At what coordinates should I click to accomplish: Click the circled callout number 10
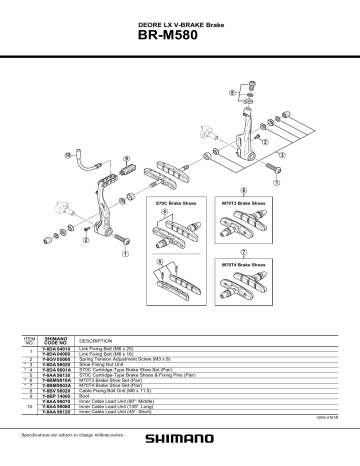pos(68,155)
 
